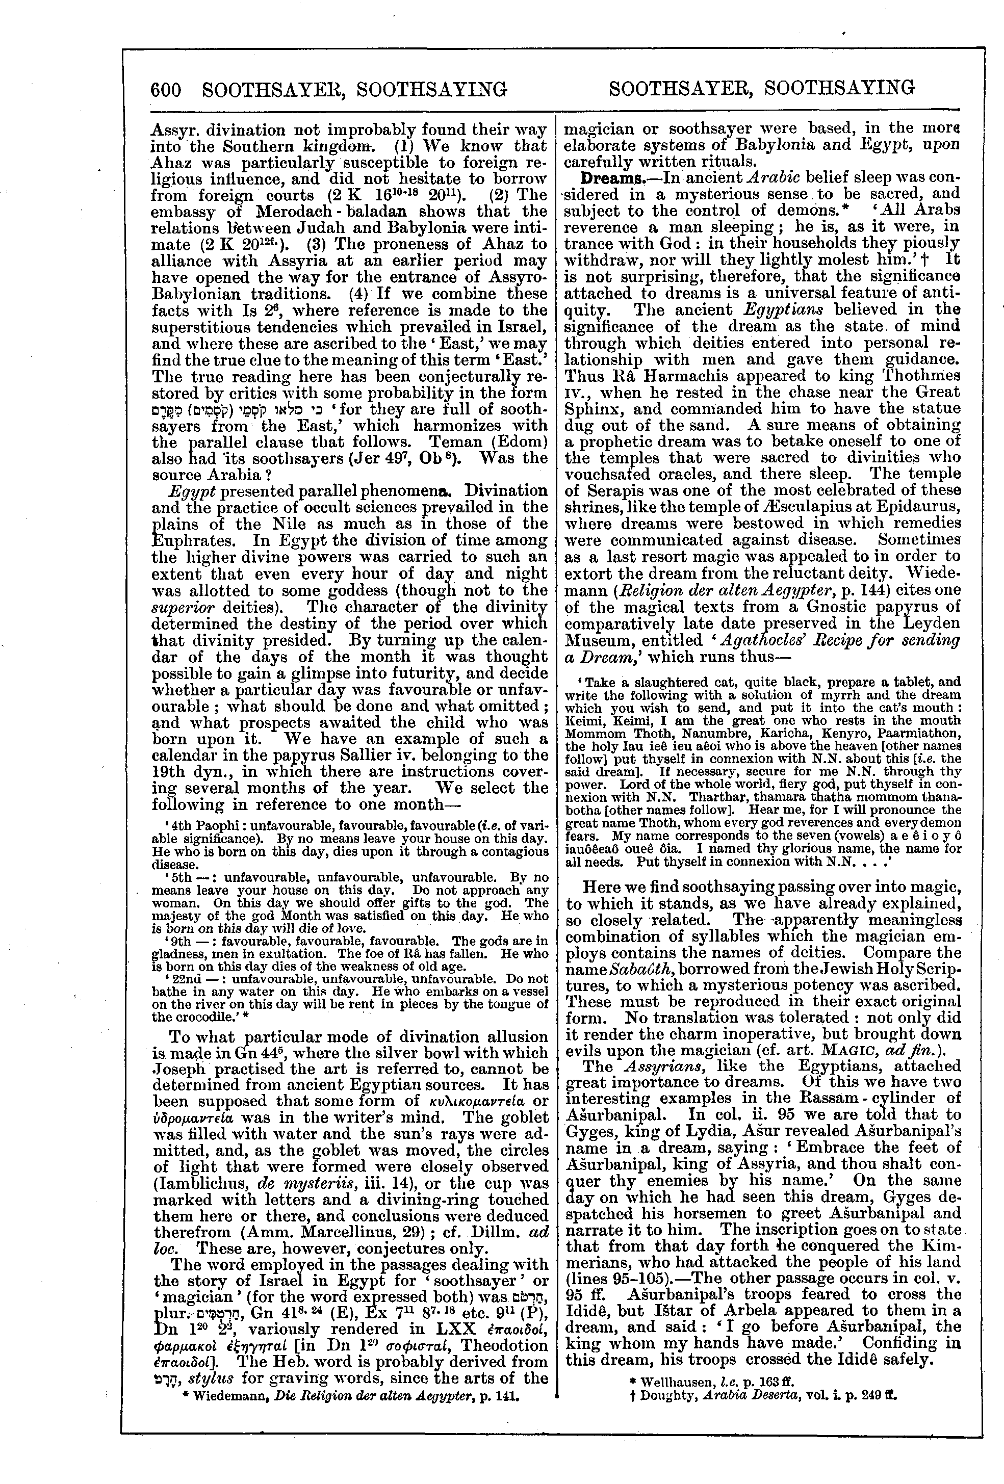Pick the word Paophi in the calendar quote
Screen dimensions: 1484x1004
point(211,824)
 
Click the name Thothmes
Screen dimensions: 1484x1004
point(918,376)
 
